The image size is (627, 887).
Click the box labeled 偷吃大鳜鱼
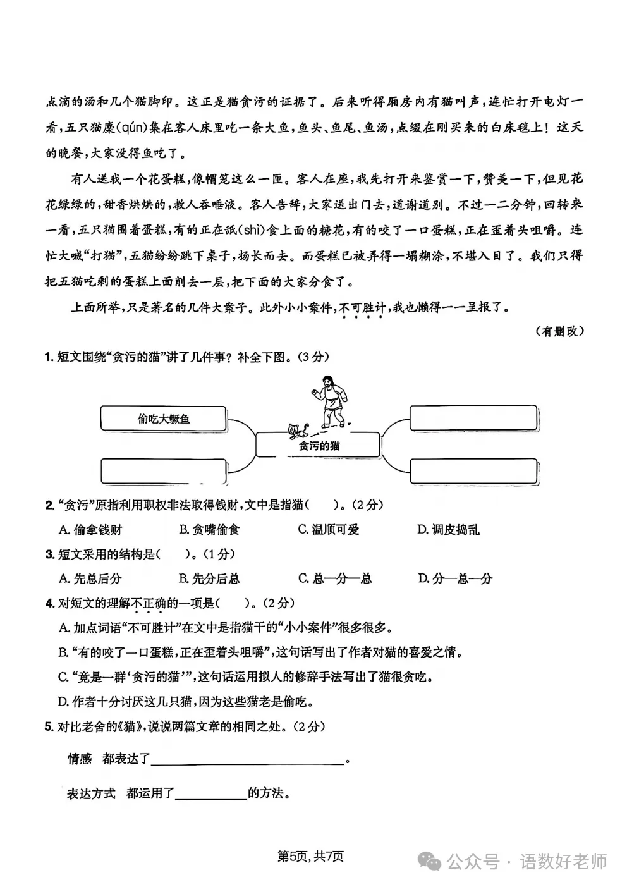(x=163, y=419)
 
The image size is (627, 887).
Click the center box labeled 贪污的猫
(x=319, y=445)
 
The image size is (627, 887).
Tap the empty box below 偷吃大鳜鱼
(x=163, y=472)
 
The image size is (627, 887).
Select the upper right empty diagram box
(x=474, y=419)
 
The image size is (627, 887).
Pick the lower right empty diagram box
(x=474, y=472)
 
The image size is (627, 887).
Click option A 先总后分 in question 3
(x=90, y=578)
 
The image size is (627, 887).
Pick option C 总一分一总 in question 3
(x=334, y=578)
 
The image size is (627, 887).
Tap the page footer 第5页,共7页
(x=310, y=857)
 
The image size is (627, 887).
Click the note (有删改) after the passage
(x=559, y=331)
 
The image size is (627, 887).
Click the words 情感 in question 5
(x=80, y=759)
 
